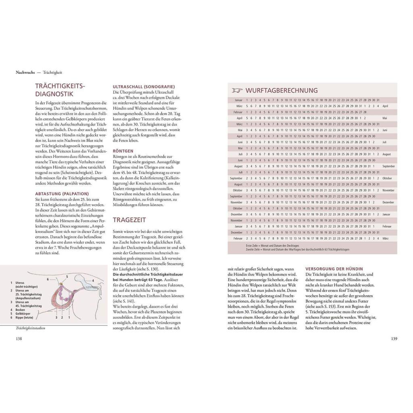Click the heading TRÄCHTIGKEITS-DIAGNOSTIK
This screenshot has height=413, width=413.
pyautogui.click(x=60, y=90)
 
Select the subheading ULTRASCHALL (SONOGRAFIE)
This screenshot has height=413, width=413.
pyautogui.click(x=144, y=86)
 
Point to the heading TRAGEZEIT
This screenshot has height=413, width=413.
pyautogui.click(x=129, y=220)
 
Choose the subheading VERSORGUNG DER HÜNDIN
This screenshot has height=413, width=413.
pyautogui.click(x=334, y=269)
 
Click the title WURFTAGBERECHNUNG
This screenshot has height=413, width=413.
pyautogui.click(x=282, y=90)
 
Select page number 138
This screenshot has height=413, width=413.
pyautogui.click(x=19, y=338)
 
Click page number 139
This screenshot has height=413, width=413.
pyautogui.click(x=394, y=338)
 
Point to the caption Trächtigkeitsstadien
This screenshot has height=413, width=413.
pyautogui.click(x=31, y=328)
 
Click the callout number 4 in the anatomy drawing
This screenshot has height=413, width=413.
pyautogui.click(x=92, y=280)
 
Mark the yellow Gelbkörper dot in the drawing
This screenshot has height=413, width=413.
pyautogui.click(x=60, y=284)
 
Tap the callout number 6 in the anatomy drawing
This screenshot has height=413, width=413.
pyautogui.click(x=48, y=279)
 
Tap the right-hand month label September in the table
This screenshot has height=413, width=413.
pyautogui.click(x=388, y=166)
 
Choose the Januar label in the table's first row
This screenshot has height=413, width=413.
pyautogui.click(x=238, y=100)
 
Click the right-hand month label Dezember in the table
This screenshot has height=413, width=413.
pyautogui.click(x=388, y=202)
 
